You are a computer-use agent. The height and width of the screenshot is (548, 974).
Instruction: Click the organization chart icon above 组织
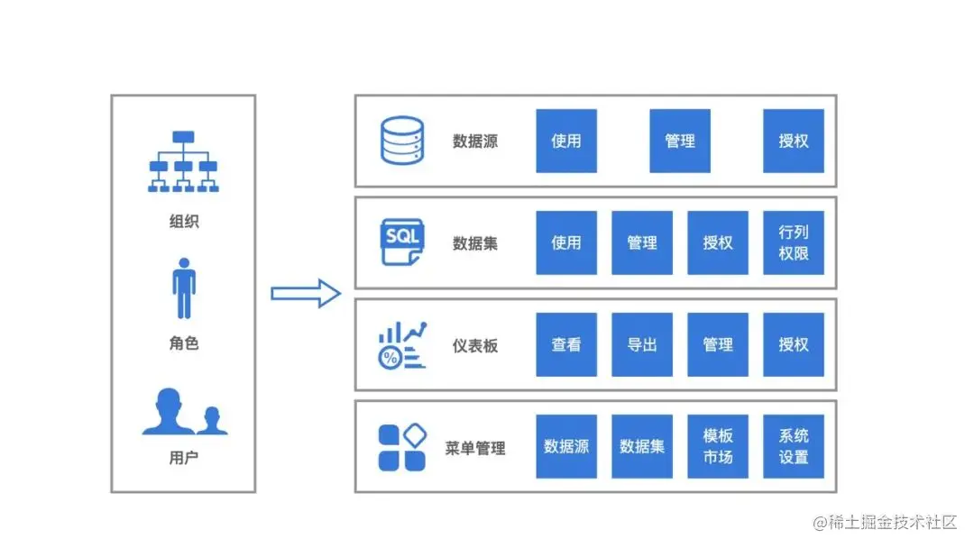[183, 161]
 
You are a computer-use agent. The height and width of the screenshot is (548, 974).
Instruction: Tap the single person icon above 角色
[184, 288]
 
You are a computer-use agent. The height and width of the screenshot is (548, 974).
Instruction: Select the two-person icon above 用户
[185, 413]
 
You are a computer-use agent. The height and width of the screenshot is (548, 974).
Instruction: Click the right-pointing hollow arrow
[306, 293]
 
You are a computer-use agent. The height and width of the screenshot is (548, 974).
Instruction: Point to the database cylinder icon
[401, 142]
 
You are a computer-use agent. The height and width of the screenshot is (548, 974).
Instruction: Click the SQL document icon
[402, 242]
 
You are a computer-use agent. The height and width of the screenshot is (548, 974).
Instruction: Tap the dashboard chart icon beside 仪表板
[402, 344]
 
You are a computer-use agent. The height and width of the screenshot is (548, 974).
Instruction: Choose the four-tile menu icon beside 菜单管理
[402, 447]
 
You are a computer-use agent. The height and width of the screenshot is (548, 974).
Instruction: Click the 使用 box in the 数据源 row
[566, 141]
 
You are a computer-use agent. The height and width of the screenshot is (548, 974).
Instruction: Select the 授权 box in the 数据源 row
[794, 141]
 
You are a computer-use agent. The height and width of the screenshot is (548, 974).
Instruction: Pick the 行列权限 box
[794, 242]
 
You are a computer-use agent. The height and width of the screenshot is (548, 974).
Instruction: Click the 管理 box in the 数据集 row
[642, 242]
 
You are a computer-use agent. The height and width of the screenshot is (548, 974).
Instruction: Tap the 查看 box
[566, 344]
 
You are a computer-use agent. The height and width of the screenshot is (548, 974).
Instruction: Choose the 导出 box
[642, 344]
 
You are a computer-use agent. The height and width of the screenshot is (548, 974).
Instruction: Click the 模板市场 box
[718, 446]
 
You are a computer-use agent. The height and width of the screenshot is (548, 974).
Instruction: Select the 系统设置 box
[794, 446]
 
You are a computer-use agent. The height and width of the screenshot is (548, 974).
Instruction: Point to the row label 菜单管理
[475, 448]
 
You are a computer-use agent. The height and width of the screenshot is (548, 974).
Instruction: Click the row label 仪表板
[475, 345]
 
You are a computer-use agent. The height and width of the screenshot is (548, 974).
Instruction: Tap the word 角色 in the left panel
[184, 342]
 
